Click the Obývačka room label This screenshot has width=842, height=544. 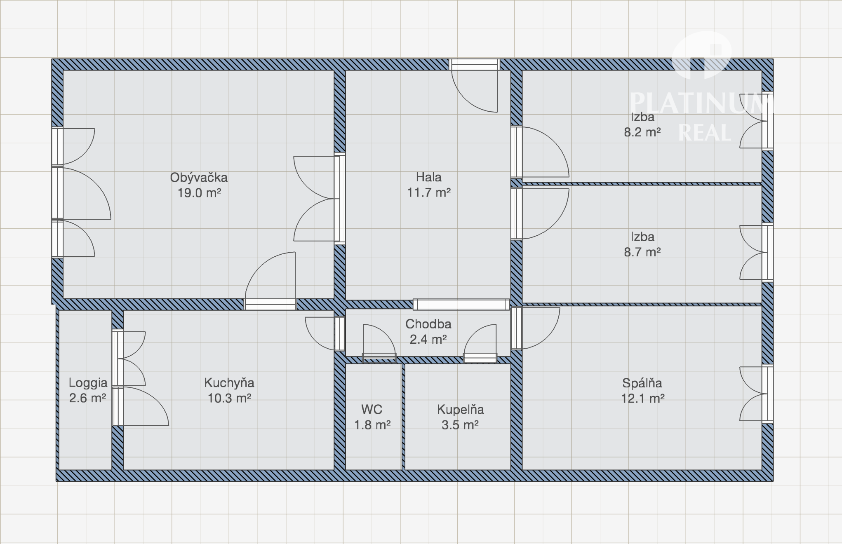tap(199, 178)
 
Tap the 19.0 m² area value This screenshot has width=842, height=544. tap(199, 193)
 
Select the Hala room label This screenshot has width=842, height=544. tap(428, 177)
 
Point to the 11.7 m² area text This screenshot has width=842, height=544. tap(429, 192)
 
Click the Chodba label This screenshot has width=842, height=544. tap(428, 324)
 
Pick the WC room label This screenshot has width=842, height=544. tap(372, 409)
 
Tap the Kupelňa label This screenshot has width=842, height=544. tap(460, 409)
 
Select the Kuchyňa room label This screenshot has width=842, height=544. tap(229, 383)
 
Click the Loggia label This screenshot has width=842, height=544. tap(88, 383)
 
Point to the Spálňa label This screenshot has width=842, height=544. tap(642, 383)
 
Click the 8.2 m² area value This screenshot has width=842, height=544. tap(642, 132)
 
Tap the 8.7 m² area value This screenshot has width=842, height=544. tap(642, 252)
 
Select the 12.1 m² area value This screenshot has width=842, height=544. tap(642, 399)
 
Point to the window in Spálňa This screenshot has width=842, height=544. tap(767, 394)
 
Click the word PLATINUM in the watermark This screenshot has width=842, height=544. tap(701, 103)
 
